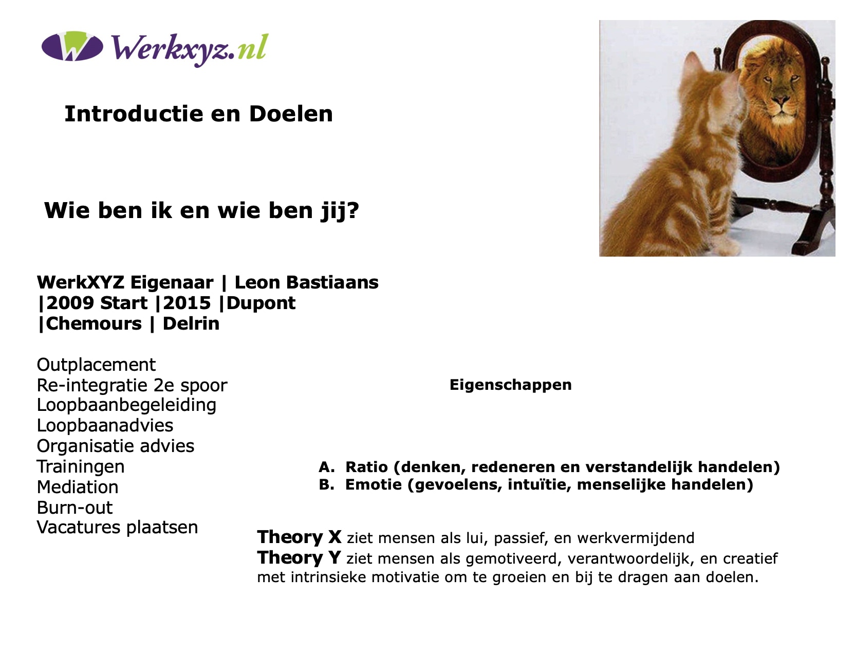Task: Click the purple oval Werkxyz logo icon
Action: (72, 46)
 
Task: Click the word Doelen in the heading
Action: (291, 114)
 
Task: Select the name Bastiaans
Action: (332, 282)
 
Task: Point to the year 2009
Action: (70, 303)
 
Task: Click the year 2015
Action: (187, 303)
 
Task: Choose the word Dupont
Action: (261, 303)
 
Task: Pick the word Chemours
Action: (94, 323)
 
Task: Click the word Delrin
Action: (191, 323)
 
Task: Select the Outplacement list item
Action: (96, 365)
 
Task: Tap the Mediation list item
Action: (78, 487)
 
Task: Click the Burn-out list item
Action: (75, 508)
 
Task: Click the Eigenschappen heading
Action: (510, 385)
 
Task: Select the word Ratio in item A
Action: (366, 467)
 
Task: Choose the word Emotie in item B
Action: (373, 485)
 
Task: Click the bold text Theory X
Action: (299, 537)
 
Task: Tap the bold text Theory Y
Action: (299, 557)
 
